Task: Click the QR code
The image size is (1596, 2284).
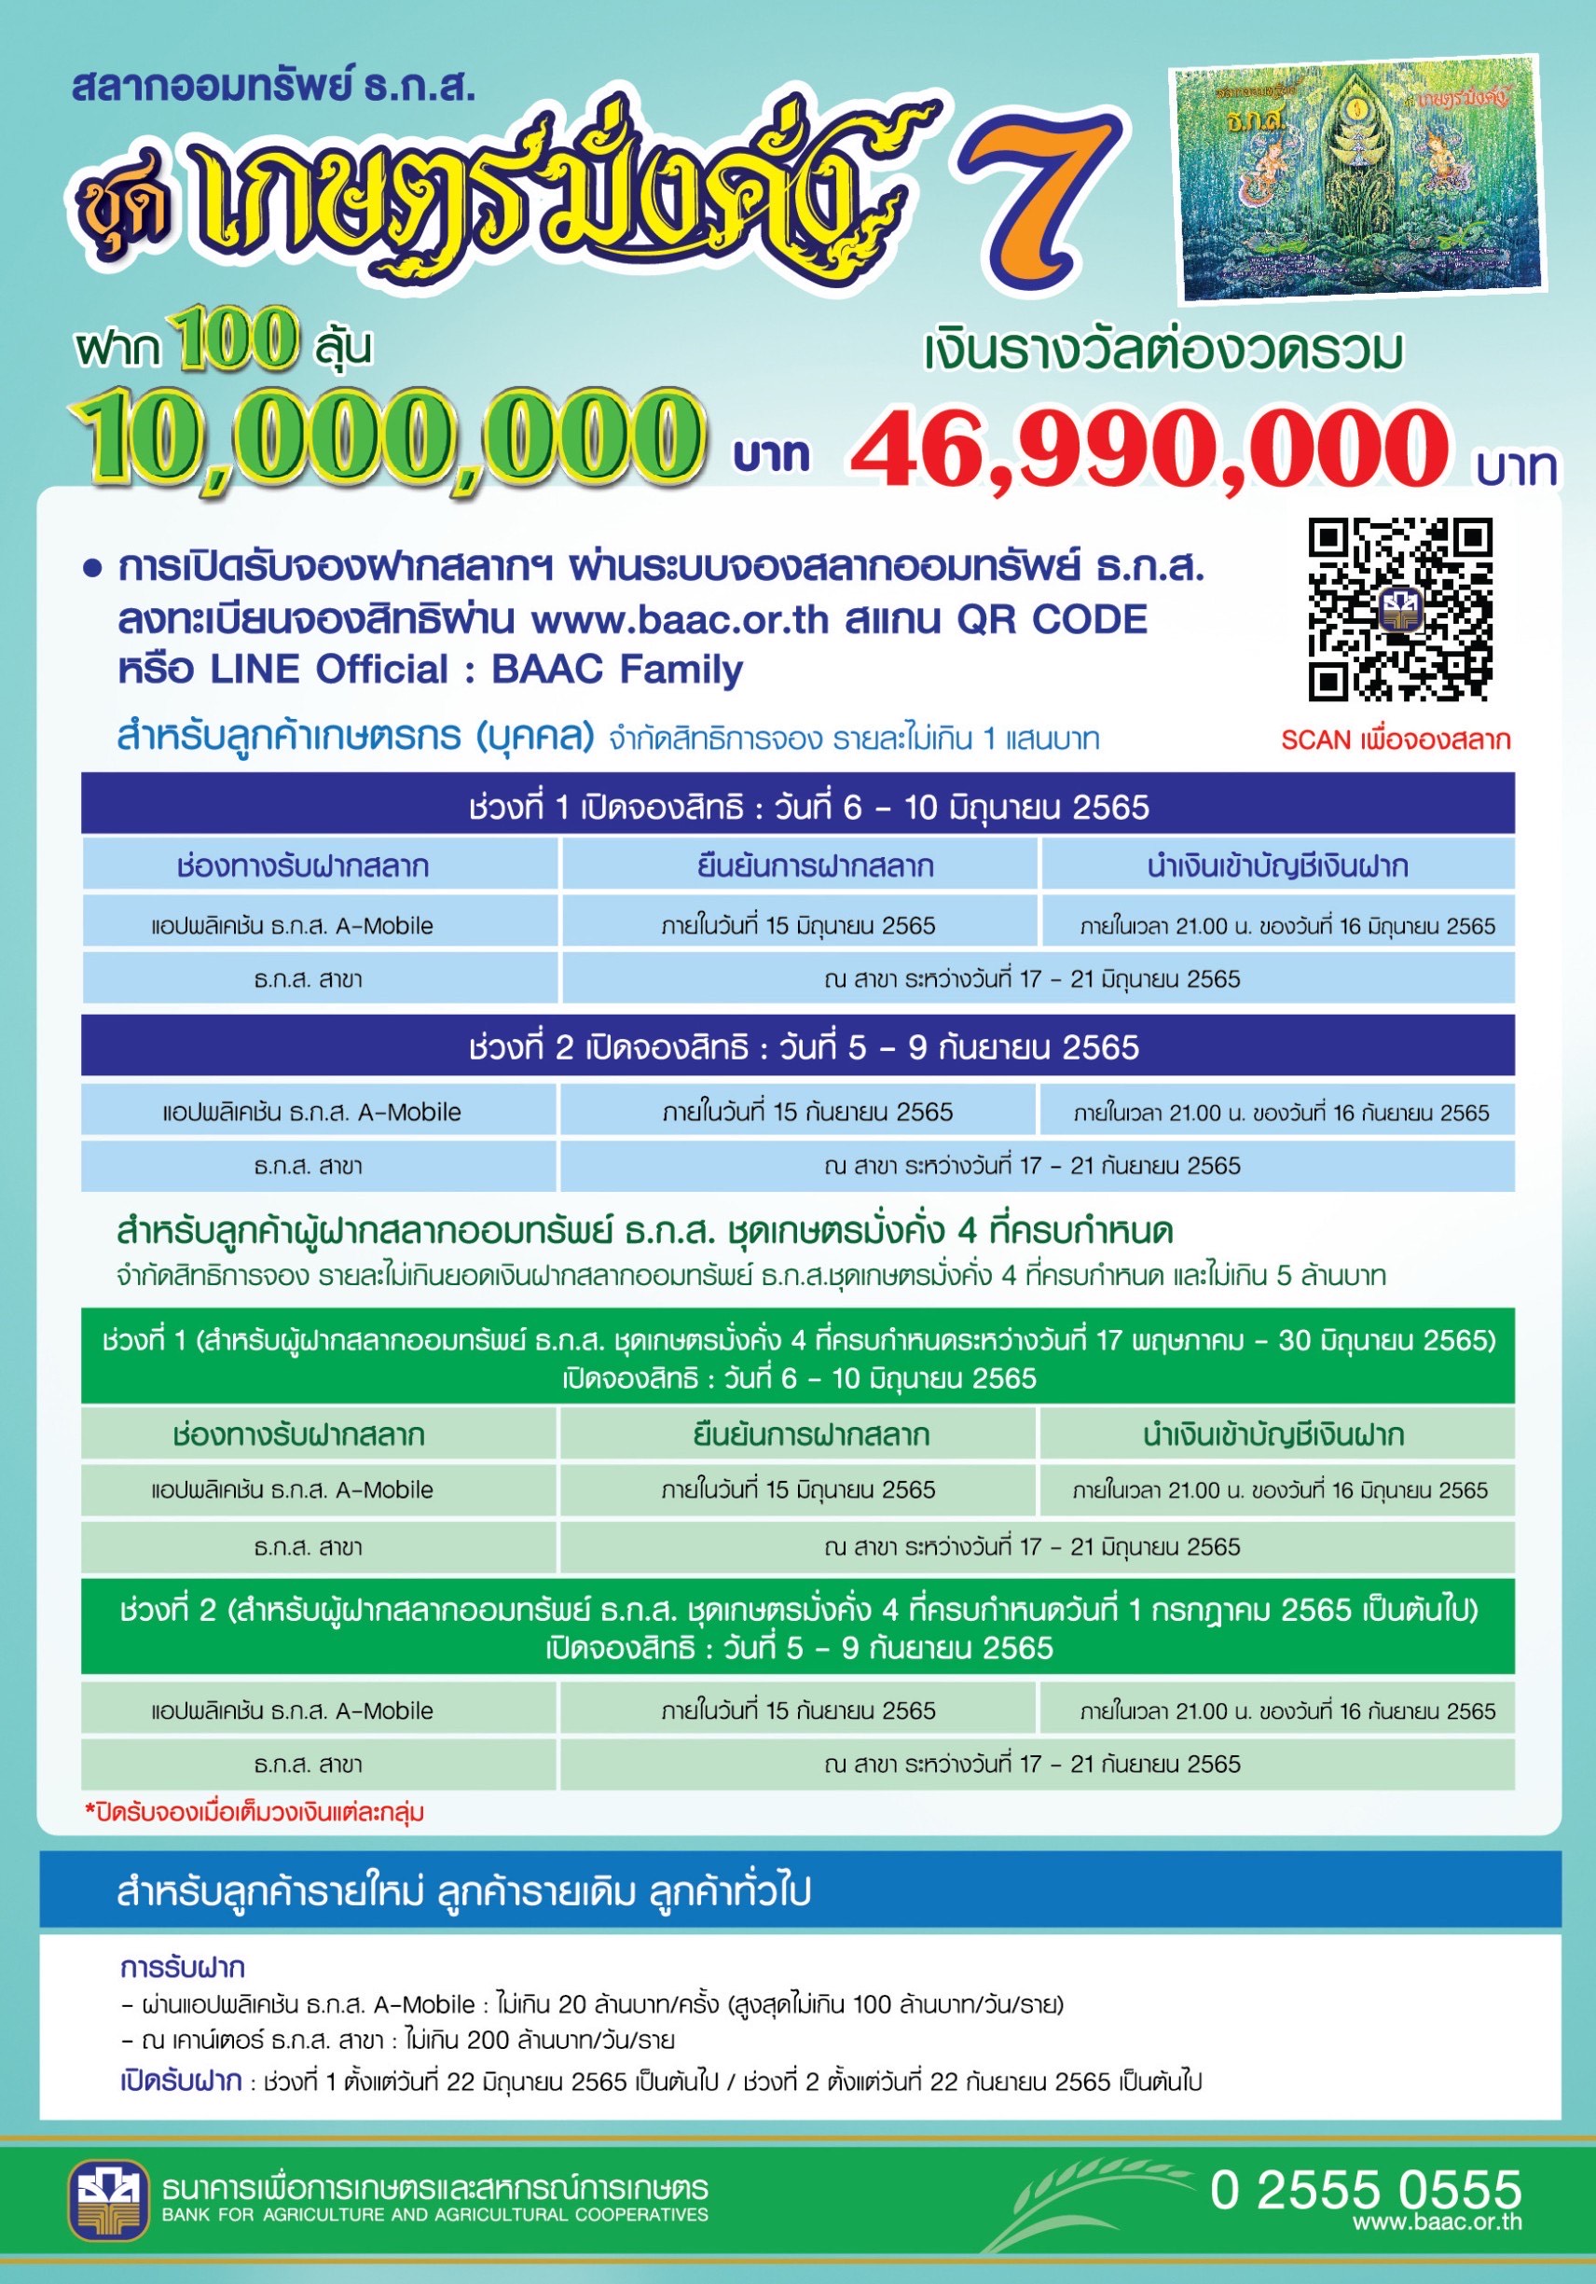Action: [1399, 609]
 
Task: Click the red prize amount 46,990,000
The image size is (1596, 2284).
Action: [1149, 450]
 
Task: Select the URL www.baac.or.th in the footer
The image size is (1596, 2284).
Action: [1437, 2221]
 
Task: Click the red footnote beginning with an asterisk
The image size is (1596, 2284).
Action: [255, 1812]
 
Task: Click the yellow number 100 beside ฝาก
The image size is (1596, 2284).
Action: [237, 340]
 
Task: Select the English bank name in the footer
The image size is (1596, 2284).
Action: [434, 2215]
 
